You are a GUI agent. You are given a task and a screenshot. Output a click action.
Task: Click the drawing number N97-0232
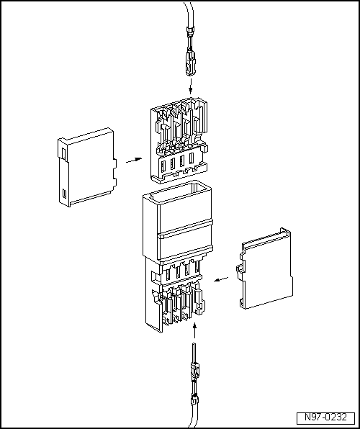325,417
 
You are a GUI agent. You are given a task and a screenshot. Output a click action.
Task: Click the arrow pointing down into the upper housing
191,86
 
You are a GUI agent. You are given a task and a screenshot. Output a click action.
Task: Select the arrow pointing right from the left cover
134,160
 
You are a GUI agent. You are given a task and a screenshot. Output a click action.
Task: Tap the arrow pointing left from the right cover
221,279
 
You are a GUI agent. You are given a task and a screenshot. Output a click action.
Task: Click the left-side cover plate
87,167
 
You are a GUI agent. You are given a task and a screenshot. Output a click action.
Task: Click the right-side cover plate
265,268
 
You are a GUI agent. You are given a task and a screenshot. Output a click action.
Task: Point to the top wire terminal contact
191,61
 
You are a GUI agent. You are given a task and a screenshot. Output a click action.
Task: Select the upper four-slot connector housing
179,140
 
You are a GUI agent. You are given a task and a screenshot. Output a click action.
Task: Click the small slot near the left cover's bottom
64,193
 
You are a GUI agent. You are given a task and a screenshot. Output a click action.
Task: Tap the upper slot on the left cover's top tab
63,153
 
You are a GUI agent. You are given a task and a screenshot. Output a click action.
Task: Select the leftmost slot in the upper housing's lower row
163,166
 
